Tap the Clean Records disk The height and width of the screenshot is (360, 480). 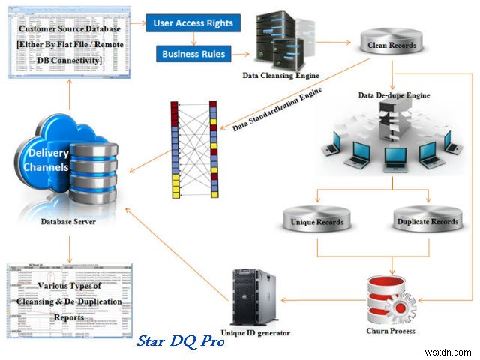(387, 45)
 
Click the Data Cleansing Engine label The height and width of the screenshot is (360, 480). (281, 75)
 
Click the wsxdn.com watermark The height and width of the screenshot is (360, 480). (451, 349)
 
